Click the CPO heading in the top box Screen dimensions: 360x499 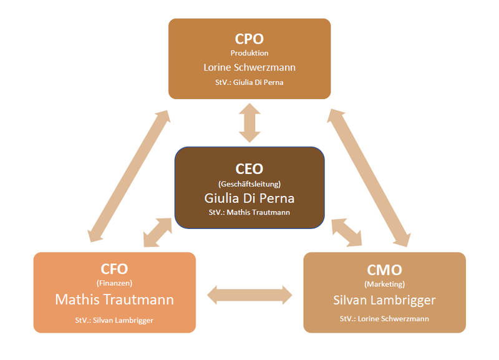249,39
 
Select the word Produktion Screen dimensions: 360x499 249,53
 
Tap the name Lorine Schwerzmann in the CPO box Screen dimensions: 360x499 249,67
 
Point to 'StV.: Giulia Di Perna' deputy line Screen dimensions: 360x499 249,82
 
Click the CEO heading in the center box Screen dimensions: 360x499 249,168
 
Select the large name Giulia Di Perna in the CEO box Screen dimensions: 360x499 249,198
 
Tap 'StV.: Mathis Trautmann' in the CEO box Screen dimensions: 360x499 249,212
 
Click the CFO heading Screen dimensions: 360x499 114,269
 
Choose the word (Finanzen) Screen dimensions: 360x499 114,283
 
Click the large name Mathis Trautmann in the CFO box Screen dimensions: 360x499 114,299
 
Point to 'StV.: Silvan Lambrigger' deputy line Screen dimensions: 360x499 114,320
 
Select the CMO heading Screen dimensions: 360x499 384,270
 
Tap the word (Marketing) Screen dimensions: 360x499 384,285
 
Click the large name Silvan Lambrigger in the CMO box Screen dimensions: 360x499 384,300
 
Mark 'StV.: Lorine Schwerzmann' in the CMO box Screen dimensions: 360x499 384,318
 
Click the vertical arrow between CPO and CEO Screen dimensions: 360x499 249,122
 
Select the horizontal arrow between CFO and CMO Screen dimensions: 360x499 249,294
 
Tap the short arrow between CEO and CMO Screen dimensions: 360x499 346,231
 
